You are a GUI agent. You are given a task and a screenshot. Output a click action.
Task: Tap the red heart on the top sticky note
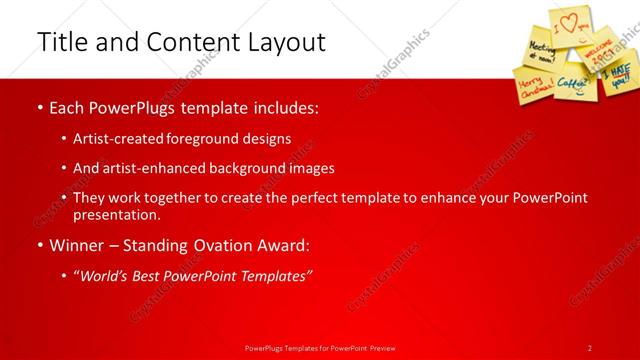tap(569, 20)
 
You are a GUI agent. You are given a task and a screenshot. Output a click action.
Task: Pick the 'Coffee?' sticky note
tap(574, 83)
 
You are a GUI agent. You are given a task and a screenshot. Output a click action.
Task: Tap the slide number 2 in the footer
tap(590, 347)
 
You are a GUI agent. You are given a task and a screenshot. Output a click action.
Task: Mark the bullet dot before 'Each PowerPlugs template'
tap(39, 107)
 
